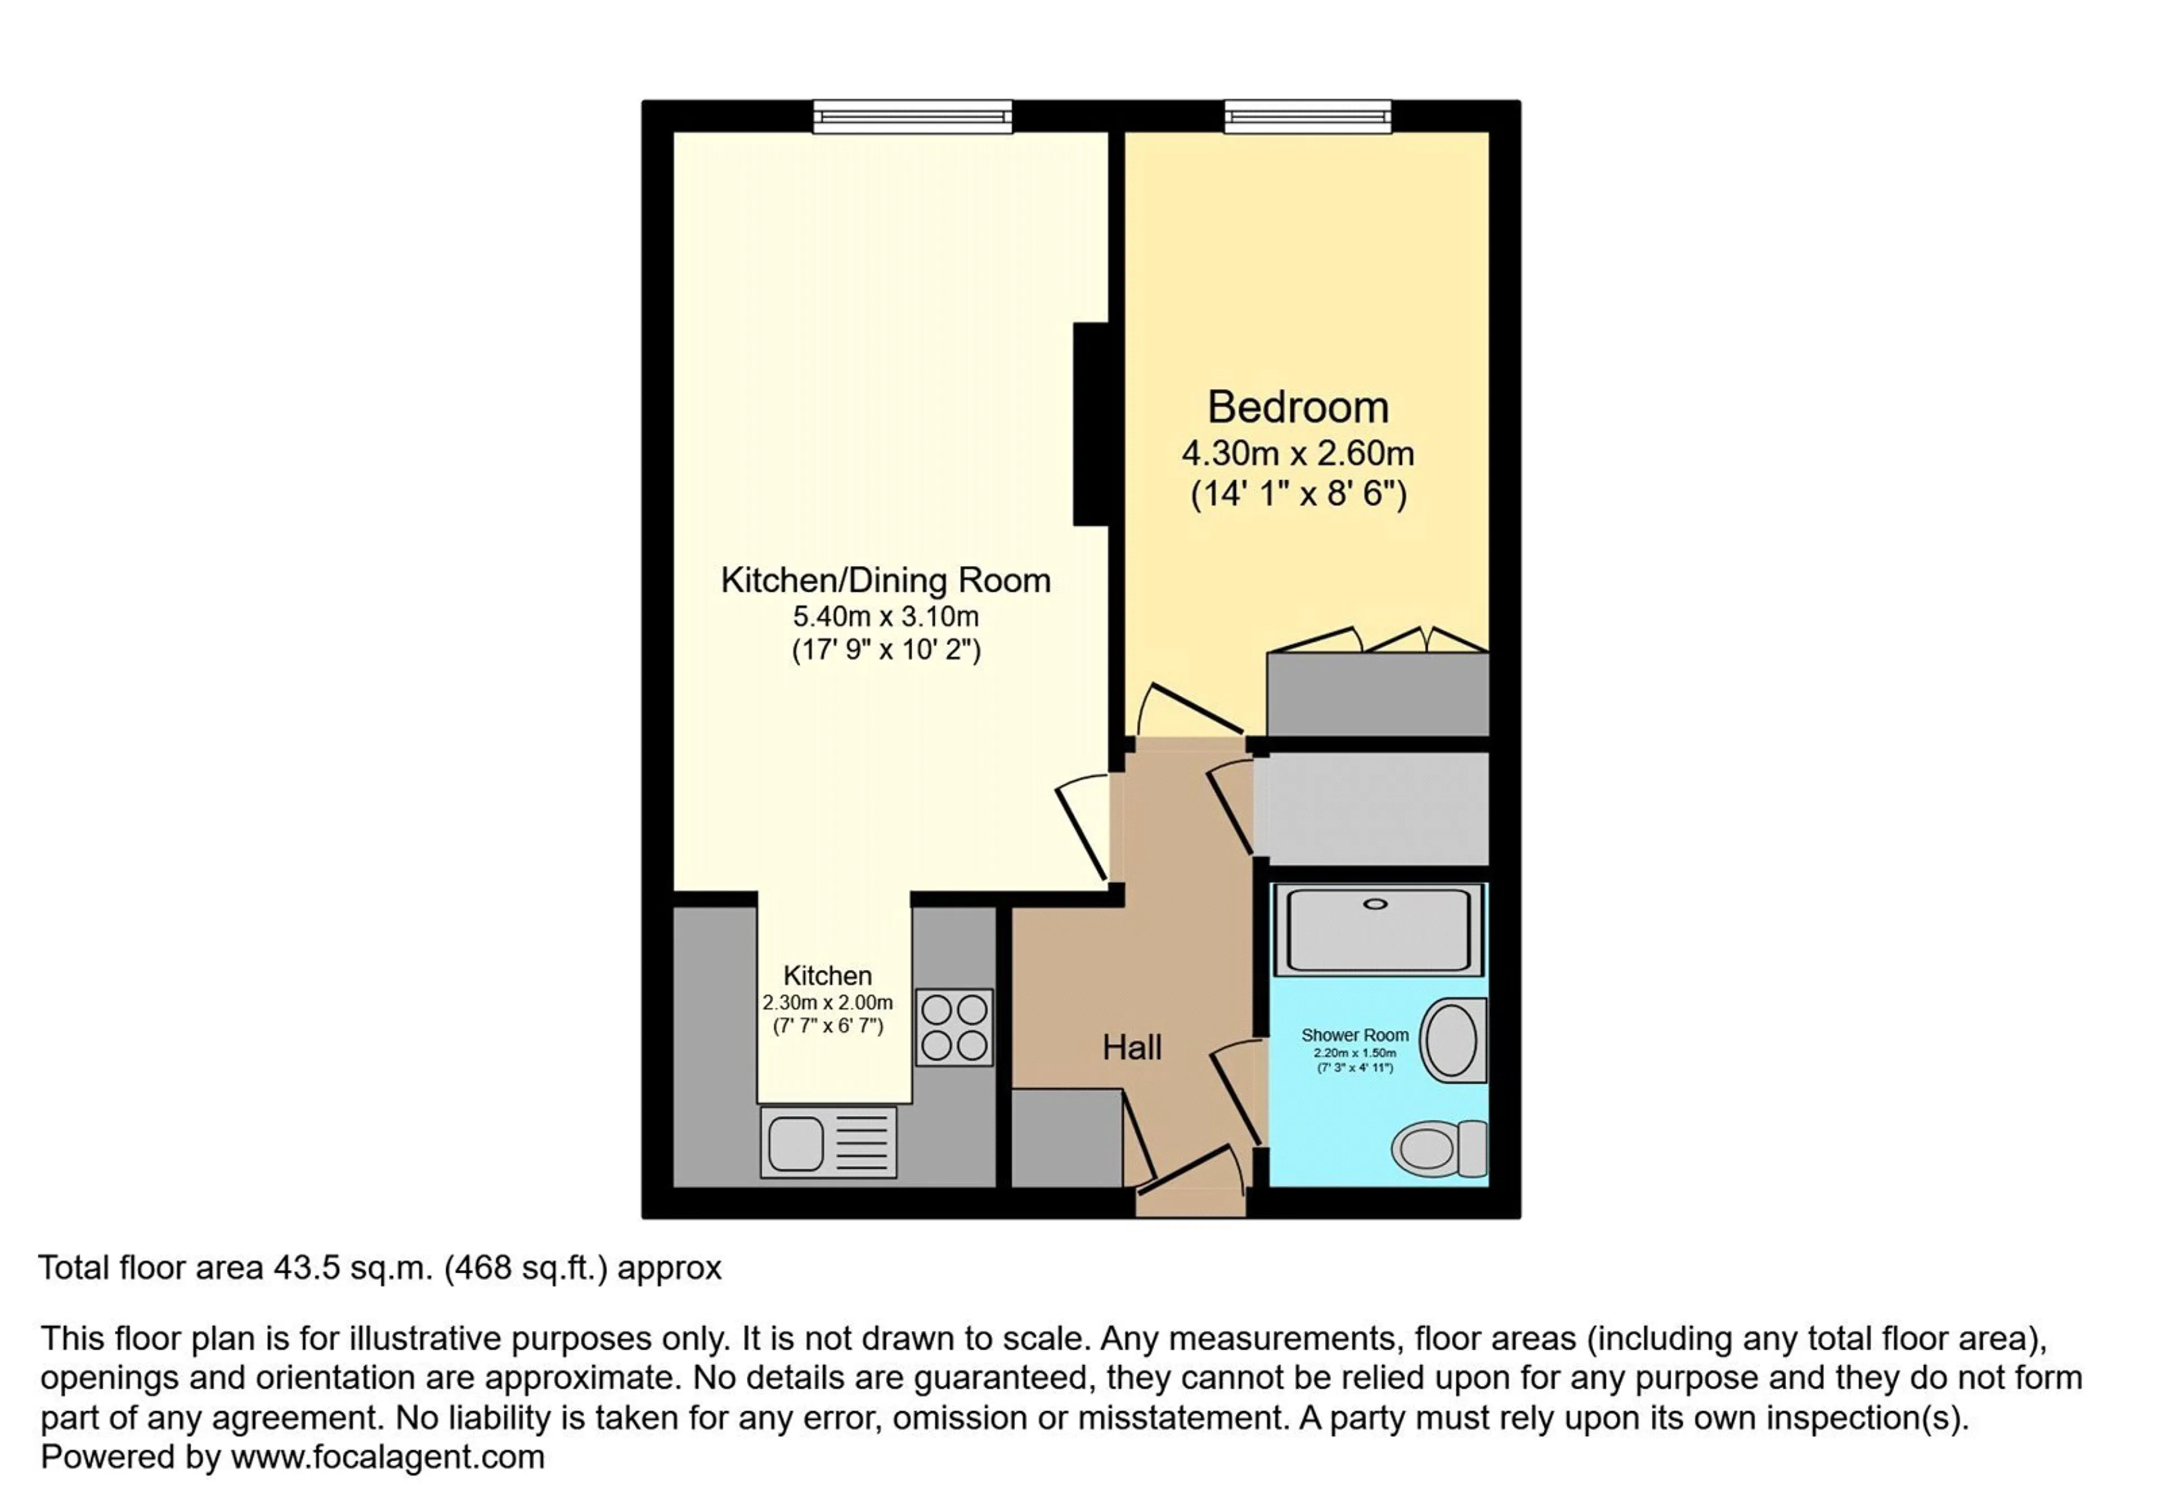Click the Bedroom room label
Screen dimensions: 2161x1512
click(1298, 408)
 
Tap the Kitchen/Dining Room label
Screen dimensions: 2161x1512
click(886, 580)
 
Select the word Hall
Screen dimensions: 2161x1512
click(1132, 1047)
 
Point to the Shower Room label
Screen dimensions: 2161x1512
click(1355, 1035)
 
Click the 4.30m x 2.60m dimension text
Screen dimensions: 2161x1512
click(1298, 454)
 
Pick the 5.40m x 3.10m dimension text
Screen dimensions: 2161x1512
click(886, 616)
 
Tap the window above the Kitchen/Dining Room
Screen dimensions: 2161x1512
click(913, 117)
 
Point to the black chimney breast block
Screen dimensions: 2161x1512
click(1091, 424)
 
